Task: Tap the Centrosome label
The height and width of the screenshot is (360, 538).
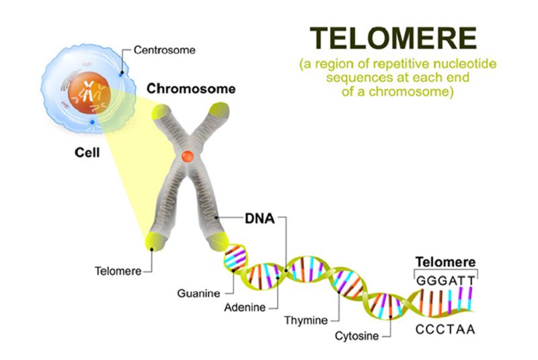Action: tap(164, 50)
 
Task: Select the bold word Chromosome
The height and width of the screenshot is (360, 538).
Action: tap(191, 89)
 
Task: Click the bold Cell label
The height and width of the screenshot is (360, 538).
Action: tap(86, 153)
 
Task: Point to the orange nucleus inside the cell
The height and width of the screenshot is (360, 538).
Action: tap(87, 91)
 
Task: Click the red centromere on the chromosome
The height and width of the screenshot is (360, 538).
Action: tap(189, 157)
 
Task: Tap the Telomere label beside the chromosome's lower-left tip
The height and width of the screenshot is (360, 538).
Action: tap(119, 271)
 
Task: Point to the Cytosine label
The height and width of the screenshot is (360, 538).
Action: tap(354, 335)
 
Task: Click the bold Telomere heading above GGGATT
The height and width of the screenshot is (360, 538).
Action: tap(446, 262)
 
